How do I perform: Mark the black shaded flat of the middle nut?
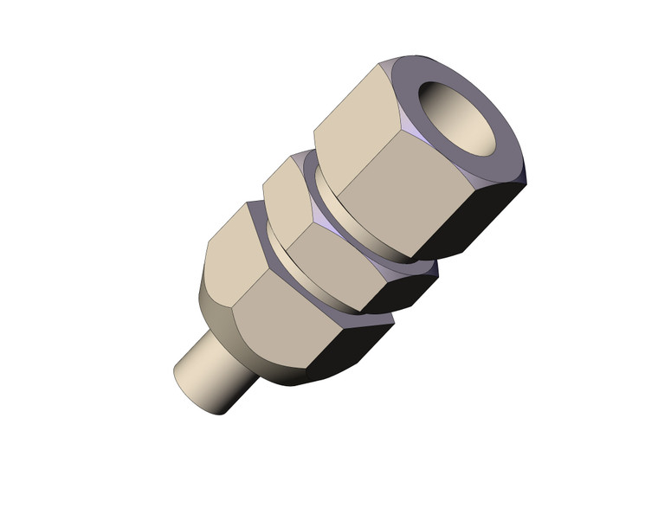tap(407, 290)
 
